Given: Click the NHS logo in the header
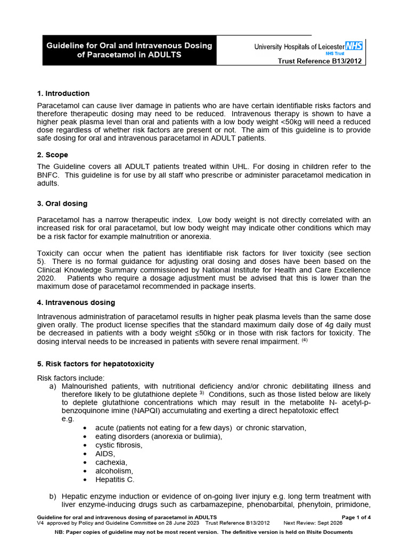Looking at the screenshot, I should (x=354, y=46).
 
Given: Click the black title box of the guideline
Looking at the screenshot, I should (x=130, y=50).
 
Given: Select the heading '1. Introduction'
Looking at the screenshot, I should (x=63, y=93).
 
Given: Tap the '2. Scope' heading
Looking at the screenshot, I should (x=53, y=155).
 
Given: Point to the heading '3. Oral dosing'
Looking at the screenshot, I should (x=62, y=204).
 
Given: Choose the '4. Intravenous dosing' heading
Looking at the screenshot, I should (x=76, y=302).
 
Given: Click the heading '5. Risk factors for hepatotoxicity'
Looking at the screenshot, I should (x=95, y=364).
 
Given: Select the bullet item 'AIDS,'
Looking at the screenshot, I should (x=105, y=453).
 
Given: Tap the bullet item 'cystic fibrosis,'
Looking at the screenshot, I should (x=119, y=445).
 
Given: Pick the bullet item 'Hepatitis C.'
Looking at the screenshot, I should (x=115, y=479).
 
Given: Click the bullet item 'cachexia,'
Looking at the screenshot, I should (x=111, y=462).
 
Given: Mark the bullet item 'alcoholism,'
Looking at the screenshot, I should (x=114, y=471).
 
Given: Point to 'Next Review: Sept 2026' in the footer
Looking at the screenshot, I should (x=313, y=524).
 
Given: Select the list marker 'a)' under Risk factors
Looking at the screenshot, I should (x=53, y=386).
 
